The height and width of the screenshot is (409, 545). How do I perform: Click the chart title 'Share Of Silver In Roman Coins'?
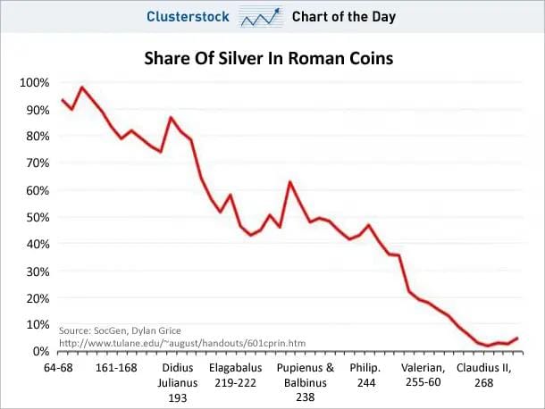click(x=269, y=59)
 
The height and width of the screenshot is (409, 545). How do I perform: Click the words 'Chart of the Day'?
click(x=343, y=16)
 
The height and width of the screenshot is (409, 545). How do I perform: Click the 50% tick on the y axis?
click(x=35, y=217)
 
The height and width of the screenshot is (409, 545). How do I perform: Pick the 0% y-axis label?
click(x=38, y=351)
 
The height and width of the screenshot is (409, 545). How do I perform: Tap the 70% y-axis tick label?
click(x=35, y=163)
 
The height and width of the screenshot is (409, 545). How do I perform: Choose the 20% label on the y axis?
click(x=35, y=297)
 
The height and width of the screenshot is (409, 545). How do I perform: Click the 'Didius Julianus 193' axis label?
click(x=177, y=382)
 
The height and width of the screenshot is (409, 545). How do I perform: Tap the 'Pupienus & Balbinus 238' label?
click(x=305, y=382)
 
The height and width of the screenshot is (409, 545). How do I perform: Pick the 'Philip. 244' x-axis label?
click(x=365, y=374)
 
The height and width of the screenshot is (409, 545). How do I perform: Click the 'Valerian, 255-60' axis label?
click(x=424, y=374)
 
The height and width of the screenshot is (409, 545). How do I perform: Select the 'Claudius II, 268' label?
click(x=482, y=374)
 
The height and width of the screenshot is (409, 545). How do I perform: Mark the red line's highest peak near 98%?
click(x=82, y=88)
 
